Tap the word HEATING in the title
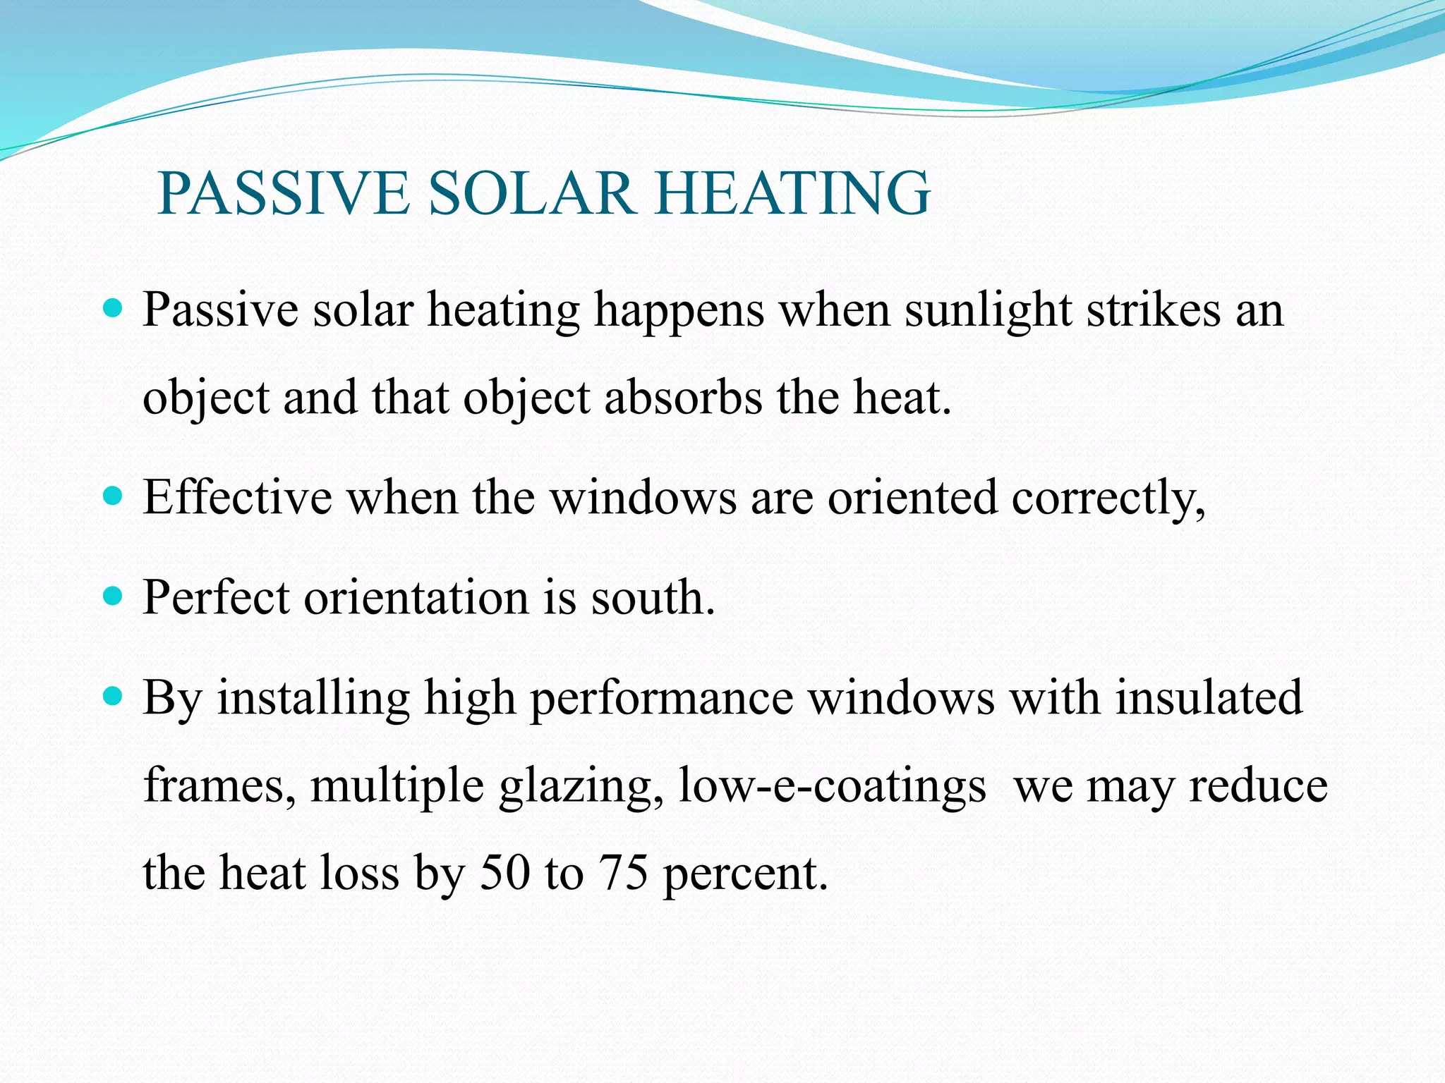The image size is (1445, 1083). coord(793,193)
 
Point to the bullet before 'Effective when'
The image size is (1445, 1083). coord(113,496)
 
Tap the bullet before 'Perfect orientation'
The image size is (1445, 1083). coord(113,596)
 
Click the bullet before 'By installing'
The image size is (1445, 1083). coord(113,697)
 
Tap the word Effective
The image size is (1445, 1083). coord(237,497)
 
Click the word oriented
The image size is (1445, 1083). coord(912,497)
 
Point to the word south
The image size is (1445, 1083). coord(653,597)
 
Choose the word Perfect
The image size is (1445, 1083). coord(216,597)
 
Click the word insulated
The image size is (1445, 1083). coord(1209,697)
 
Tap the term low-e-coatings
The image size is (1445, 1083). coord(832,785)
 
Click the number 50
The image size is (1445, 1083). coord(504,872)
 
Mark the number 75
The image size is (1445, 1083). coord(623,872)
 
